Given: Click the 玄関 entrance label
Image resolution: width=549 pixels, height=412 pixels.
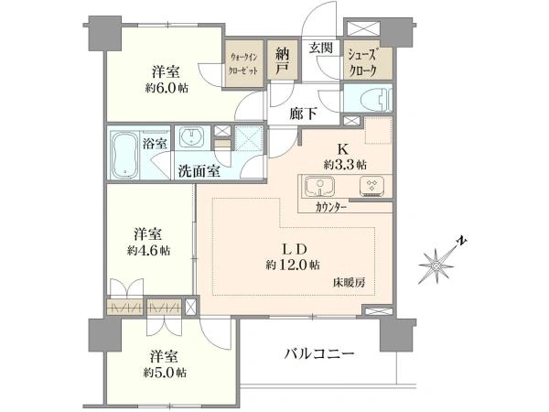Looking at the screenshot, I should click(x=319, y=49).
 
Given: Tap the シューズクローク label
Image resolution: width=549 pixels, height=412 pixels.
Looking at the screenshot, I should click(x=369, y=63).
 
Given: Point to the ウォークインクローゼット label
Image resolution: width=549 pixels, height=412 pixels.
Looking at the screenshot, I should click(x=246, y=65).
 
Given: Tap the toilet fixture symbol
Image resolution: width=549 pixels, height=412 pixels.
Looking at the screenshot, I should click(x=374, y=100).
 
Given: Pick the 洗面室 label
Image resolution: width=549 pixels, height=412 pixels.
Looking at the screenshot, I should click(x=198, y=170).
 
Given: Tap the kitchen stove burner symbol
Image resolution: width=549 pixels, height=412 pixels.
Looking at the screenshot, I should click(x=372, y=186).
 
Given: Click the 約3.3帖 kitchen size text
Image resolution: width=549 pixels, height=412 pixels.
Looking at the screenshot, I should click(x=345, y=165).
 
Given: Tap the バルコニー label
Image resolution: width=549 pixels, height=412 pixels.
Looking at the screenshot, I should click(x=318, y=352).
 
